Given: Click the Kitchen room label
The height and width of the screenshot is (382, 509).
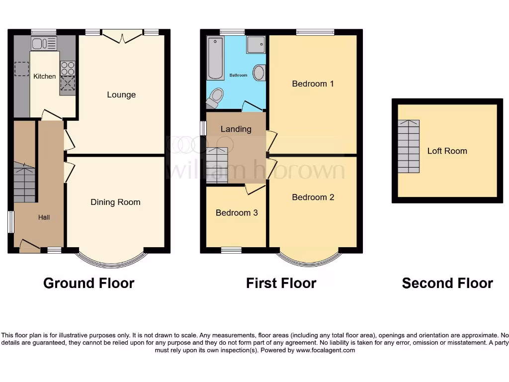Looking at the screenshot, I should (x=44, y=76).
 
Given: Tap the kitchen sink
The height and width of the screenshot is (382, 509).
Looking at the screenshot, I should (x=44, y=43).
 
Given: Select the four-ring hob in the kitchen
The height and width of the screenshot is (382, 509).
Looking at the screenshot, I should (x=68, y=68).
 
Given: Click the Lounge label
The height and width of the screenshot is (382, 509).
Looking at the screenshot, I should (x=121, y=95).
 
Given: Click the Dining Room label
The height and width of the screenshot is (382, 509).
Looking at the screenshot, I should (x=115, y=202).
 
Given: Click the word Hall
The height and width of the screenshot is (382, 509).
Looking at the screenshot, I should (x=44, y=217).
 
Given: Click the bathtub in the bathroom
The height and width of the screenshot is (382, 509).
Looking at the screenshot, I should (x=216, y=58).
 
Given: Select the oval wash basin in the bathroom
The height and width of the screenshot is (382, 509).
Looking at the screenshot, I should (x=258, y=73).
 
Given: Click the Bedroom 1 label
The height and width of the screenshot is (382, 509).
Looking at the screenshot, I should (x=313, y=84).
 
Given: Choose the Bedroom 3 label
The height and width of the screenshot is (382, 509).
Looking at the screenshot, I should (x=237, y=212).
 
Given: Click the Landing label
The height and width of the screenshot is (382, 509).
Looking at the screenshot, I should (x=236, y=129).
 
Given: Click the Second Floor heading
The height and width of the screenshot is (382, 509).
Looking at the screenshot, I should (x=447, y=283).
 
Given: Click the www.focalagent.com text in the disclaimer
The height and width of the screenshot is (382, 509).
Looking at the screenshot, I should (x=326, y=350).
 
